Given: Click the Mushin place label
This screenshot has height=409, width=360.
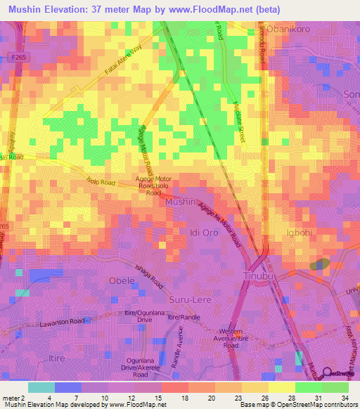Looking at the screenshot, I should click(176, 202).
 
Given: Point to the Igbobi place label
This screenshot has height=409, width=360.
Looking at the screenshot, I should click(300, 233).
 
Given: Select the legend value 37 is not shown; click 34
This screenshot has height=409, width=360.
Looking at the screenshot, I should click(345, 398).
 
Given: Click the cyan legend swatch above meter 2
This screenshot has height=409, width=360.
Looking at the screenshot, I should click(41, 387).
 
